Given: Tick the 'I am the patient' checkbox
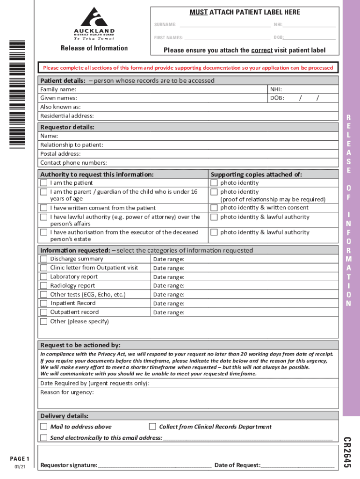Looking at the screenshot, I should (x=43, y=183).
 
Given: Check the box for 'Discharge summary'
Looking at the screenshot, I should (x=43, y=259).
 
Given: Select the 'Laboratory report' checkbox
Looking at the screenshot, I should (x=43, y=276).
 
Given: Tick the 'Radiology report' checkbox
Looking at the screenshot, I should (x=43, y=285).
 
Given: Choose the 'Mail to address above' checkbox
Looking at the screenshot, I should (x=43, y=427).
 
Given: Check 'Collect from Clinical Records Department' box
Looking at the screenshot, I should (x=152, y=427).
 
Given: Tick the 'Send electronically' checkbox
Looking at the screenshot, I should (x=43, y=438).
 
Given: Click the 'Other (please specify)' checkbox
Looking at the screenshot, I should (x=43, y=321).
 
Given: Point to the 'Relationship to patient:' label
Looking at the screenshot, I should (x=72, y=145).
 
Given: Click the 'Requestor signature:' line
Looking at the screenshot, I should (x=154, y=464).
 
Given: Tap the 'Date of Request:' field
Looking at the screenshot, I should (x=297, y=464).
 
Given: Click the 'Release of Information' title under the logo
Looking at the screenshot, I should (x=94, y=48).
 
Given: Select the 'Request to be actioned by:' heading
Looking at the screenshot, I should (x=80, y=345).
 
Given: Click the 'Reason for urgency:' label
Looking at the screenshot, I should (x=67, y=392).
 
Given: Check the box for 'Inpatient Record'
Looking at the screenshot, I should (x=43, y=303).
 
